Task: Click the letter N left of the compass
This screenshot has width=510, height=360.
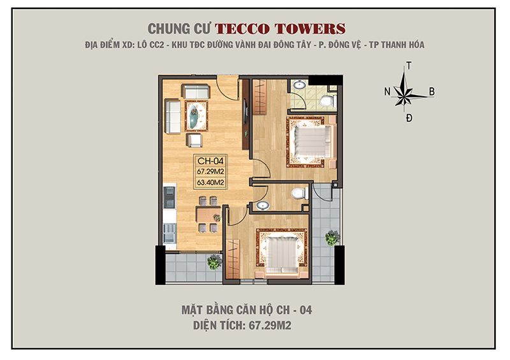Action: tap(387, 92)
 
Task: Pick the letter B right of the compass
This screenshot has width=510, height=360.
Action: tap(432, 92)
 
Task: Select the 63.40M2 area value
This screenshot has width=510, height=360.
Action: tap(210, 183)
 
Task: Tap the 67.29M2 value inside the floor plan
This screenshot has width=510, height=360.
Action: tap(210, 172)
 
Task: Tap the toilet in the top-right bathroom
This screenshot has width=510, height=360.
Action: tap(327, 99)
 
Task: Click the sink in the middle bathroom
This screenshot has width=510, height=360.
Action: tap(264, 205)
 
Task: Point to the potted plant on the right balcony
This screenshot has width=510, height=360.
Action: tap(332, 237)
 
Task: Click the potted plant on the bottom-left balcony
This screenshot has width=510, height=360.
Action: tap(214, 261)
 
